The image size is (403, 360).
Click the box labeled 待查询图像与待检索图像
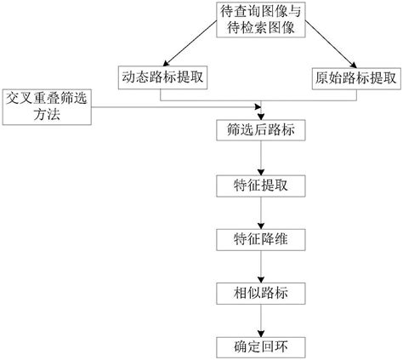261,20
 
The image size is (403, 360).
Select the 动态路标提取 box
162,77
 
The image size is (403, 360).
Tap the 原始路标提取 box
356,78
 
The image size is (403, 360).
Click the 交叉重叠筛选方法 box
47,107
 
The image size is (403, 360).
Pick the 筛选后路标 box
261,130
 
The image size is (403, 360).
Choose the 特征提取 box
261,186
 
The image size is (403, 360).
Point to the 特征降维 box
261,240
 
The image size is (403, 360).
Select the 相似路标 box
261,294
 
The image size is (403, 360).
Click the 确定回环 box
261,347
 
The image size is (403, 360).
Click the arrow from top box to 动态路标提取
190,43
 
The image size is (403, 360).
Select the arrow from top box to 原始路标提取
331,44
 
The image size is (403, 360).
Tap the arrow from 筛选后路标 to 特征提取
261,158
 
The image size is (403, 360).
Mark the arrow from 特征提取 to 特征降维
261,213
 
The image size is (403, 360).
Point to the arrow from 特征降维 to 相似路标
261,266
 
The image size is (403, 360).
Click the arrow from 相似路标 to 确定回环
261,321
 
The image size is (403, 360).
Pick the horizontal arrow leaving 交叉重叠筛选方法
176,107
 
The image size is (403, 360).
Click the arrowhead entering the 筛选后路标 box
261,117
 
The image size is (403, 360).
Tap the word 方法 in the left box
47,115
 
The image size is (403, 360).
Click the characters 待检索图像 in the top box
261,28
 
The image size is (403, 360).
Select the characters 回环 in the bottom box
275,347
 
